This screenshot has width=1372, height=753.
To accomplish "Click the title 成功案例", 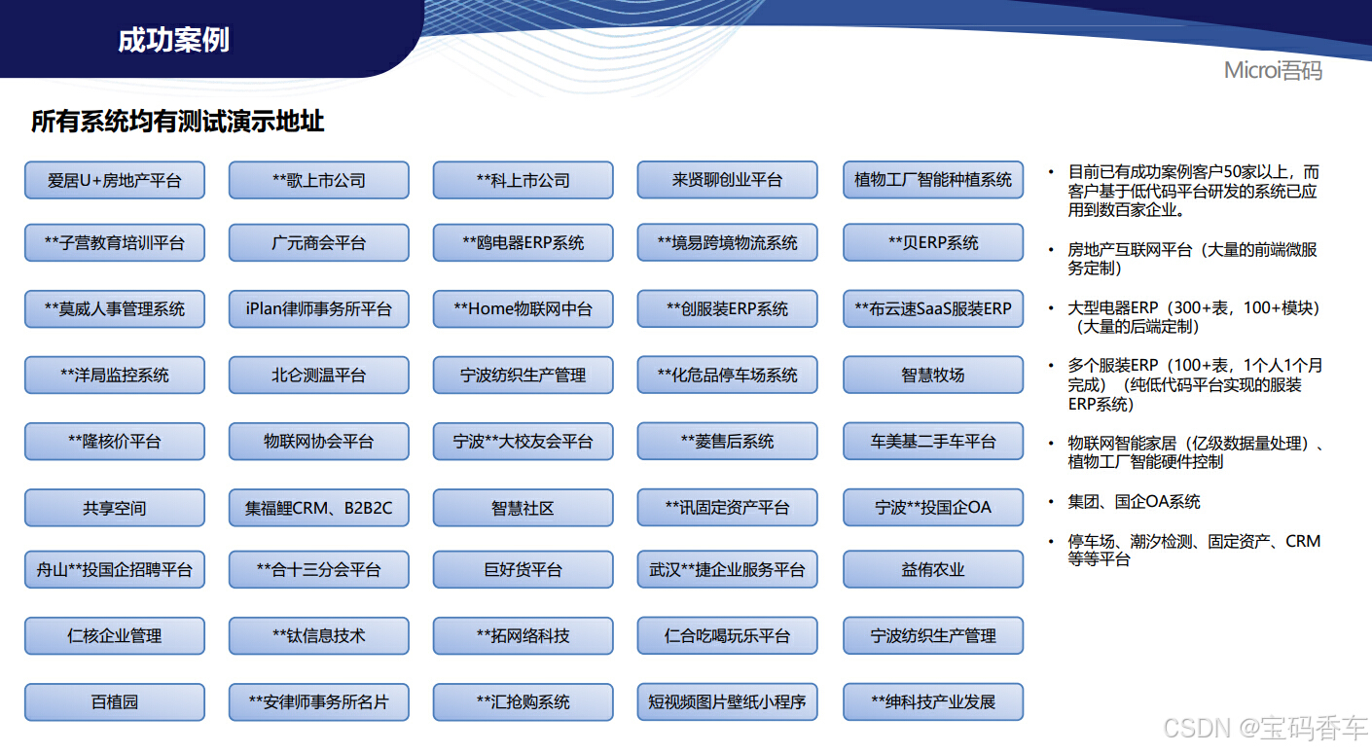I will pyautogui.click(x=173, y=40).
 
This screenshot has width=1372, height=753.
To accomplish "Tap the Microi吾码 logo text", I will pyautogui.click(x=1273, y=71).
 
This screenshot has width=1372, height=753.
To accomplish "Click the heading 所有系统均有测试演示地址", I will pyautogui.click(x=177, y=122).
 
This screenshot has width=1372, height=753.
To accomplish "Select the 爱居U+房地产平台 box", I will pyautogui.click(x=115, y=180).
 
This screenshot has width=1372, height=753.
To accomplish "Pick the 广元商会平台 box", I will pyautogui.click(x=319, y=242).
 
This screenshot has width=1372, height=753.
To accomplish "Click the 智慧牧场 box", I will pyautogui.click(x=933, y=375).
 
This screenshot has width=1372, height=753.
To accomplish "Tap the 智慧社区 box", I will pyautogui.click(x=524, y=508).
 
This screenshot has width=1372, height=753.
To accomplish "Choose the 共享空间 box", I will pyautogui.click(x=115, y=508).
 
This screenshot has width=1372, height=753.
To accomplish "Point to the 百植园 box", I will pyautogui.click(x=115, y=701).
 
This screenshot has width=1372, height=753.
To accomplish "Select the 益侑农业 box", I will pyautogui.click(x=933, y=569).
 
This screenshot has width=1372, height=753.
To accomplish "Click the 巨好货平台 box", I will pyautogui.click(x=524, y=569).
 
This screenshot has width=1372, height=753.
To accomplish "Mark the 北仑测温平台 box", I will pyautogui.click(x=319, y=375).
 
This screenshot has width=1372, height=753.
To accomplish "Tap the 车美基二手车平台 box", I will pyautogui.click(x=933, y=441).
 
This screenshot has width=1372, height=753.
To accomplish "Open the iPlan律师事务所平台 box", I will pyautogui.click(x=319, y=308).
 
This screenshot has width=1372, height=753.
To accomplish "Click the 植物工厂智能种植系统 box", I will pyautogui.click(x=933, y=180).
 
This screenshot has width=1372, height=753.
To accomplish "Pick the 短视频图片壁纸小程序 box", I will pyautogui.click(x=728, y=701).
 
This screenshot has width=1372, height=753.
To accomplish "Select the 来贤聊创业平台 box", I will pyautogui.click(x=728, y=180).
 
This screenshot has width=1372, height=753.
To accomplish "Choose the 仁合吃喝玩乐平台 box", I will pyautogui.click(x=728, y=636).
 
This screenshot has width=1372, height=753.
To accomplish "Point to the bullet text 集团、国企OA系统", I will pyautogui.click(x=1135, y=502).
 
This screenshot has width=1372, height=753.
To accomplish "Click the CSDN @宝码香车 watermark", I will pyautogui.click(x=1265, y=728).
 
